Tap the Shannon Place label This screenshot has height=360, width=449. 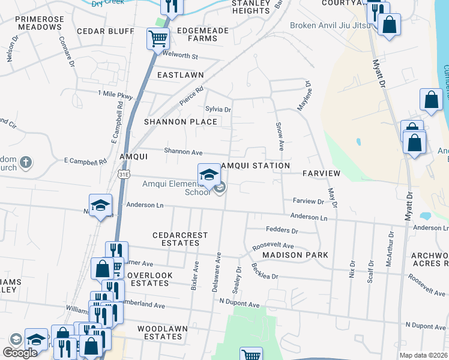click(180, 122)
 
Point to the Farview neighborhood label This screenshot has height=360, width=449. click(321, 173)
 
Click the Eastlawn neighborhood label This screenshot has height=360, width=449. click(180, 75)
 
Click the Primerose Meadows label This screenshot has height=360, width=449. click(40, 23)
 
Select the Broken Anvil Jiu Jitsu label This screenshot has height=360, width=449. click(328, 25)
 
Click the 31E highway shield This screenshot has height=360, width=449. click(123, 174)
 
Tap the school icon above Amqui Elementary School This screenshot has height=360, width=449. click(209, 174)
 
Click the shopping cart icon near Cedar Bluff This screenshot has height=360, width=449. click(158, 38)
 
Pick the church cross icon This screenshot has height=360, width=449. click(25, 162)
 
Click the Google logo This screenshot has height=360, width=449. click(20, 353)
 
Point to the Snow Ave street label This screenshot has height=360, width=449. click(279, 137)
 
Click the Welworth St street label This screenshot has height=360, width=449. click(180, 56)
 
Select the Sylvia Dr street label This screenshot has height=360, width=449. click(218, 109)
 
